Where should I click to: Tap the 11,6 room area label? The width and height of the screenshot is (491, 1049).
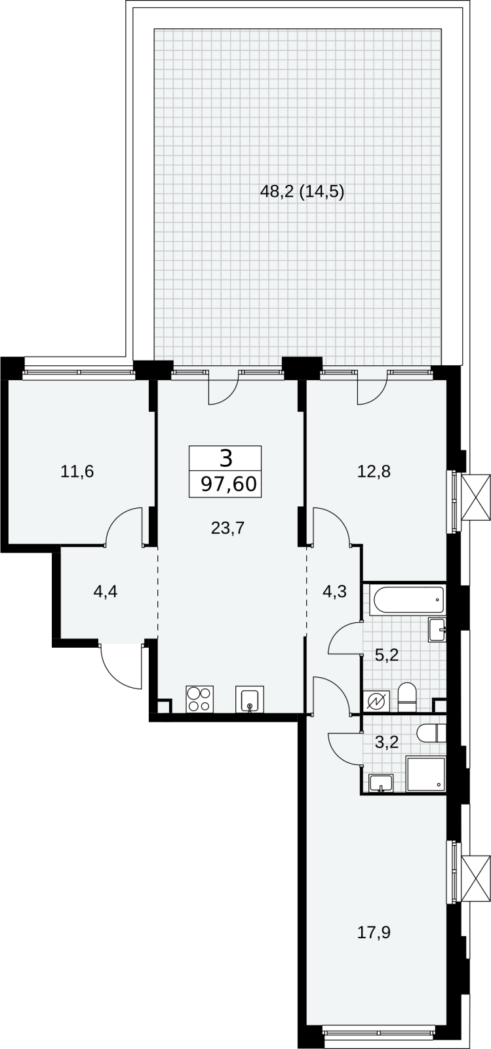(x=77, y=471)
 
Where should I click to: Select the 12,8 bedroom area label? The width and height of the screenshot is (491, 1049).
(x=374, y=471)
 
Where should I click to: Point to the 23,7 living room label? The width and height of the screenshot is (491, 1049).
(x=228, y=528)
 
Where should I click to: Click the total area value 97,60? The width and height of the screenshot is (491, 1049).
(x=229, y=483)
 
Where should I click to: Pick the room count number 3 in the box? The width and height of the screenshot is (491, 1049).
(x=226, y=458)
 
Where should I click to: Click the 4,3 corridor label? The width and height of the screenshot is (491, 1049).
(x=334, y=591)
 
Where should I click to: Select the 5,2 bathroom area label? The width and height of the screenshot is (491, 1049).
(x=387, y=655)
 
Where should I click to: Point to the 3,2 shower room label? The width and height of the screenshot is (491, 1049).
(x=387, y=742)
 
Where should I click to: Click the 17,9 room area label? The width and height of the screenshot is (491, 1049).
(x=374, y=933)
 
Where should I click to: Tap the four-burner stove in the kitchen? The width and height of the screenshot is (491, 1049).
(x=200, y=699)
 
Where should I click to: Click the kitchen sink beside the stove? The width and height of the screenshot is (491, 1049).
(x=250, y=699)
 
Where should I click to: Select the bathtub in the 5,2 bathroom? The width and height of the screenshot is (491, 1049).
(x=407, y=599)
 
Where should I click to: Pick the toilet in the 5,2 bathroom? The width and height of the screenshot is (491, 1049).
(x=406, y=698)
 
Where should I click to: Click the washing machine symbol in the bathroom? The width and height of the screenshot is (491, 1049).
(x=376, y=702)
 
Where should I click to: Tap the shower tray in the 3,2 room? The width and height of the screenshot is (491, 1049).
(x=425, y=773)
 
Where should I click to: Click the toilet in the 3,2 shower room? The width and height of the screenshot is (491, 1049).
(x=431, y=734)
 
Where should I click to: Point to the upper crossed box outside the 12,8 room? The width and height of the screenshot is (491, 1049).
(x=476, y=498)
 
